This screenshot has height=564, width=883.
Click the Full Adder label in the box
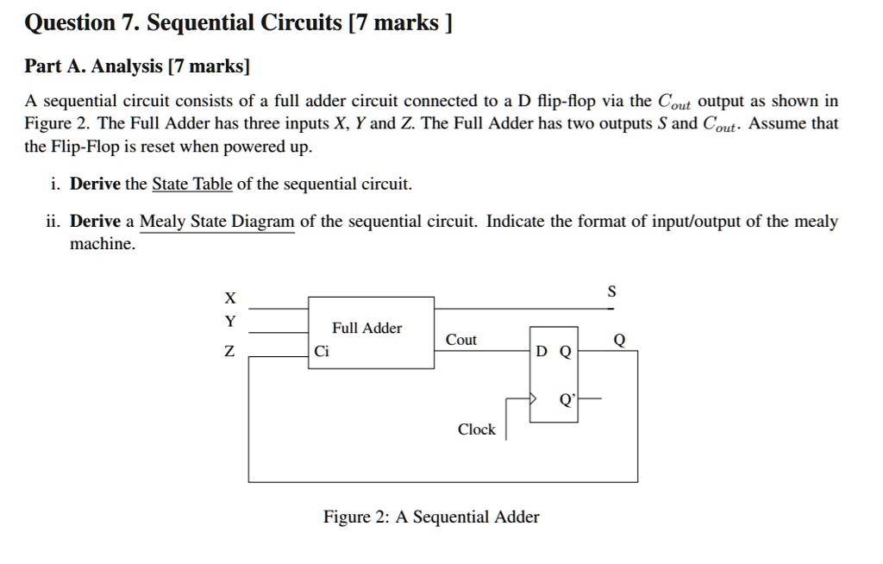pos(367,328)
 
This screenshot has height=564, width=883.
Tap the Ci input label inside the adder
pos(322,351)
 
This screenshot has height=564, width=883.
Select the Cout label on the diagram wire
pos(461,340)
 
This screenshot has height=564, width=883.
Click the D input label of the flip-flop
pos(542,351)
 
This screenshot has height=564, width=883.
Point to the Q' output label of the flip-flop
pos(567,399)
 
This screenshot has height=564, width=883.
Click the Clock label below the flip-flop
pos(476,429)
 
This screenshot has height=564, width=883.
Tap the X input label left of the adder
pos(229,298)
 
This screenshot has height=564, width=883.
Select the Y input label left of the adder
pos(229,322)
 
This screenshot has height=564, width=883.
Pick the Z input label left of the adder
pos(229,351)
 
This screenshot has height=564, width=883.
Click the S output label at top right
pos(611,291)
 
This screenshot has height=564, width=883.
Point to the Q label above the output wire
pos(618,340)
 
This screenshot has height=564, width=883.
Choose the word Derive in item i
pos(95,184)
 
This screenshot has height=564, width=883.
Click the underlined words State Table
pos(192,184)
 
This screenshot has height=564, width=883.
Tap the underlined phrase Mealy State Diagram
pos(217,222)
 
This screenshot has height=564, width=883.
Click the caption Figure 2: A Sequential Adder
pos(431,517)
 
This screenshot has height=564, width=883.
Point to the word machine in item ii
pos(102,244)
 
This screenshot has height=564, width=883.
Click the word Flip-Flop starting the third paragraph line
pos(85,147)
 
